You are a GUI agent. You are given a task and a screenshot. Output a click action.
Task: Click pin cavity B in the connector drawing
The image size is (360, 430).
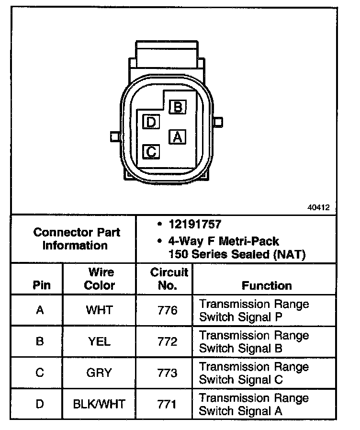click(x=177, y=107)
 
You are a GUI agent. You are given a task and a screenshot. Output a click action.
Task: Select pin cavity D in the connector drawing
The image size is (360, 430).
click(x=151, y=122)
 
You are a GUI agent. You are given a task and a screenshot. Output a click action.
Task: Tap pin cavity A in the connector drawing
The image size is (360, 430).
click(x=177, y=137)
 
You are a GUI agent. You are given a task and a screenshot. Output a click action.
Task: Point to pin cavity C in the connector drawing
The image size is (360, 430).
click(x=151, y=152)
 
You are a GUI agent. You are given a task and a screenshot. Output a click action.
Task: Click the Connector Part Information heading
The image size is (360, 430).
click(x=77, y=239)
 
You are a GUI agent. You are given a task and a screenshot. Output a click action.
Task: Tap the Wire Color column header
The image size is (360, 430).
click(x=100, y=279)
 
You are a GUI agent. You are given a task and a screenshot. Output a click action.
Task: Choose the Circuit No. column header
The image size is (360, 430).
click(x=169, y=279)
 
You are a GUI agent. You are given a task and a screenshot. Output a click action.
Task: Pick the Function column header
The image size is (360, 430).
click(x=267, y=285)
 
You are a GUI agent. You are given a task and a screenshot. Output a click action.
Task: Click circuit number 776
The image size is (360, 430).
click(x=168, y=310)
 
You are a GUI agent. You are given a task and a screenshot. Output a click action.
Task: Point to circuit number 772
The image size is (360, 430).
click(x=168, y=341)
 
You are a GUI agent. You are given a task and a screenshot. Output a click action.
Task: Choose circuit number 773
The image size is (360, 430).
click(x=168, y=373)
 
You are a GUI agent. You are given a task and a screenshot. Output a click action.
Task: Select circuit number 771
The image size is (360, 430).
click(x=168, y=404)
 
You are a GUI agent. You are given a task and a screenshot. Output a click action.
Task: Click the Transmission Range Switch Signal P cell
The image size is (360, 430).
click(x=254, y=310)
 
